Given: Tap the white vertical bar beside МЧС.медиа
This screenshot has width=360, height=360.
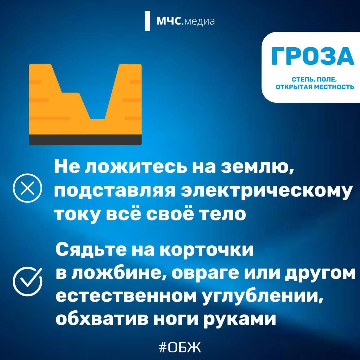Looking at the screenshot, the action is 148,21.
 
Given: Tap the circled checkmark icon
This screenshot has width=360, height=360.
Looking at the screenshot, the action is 27,281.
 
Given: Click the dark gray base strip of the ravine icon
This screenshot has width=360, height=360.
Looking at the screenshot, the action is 85,140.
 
